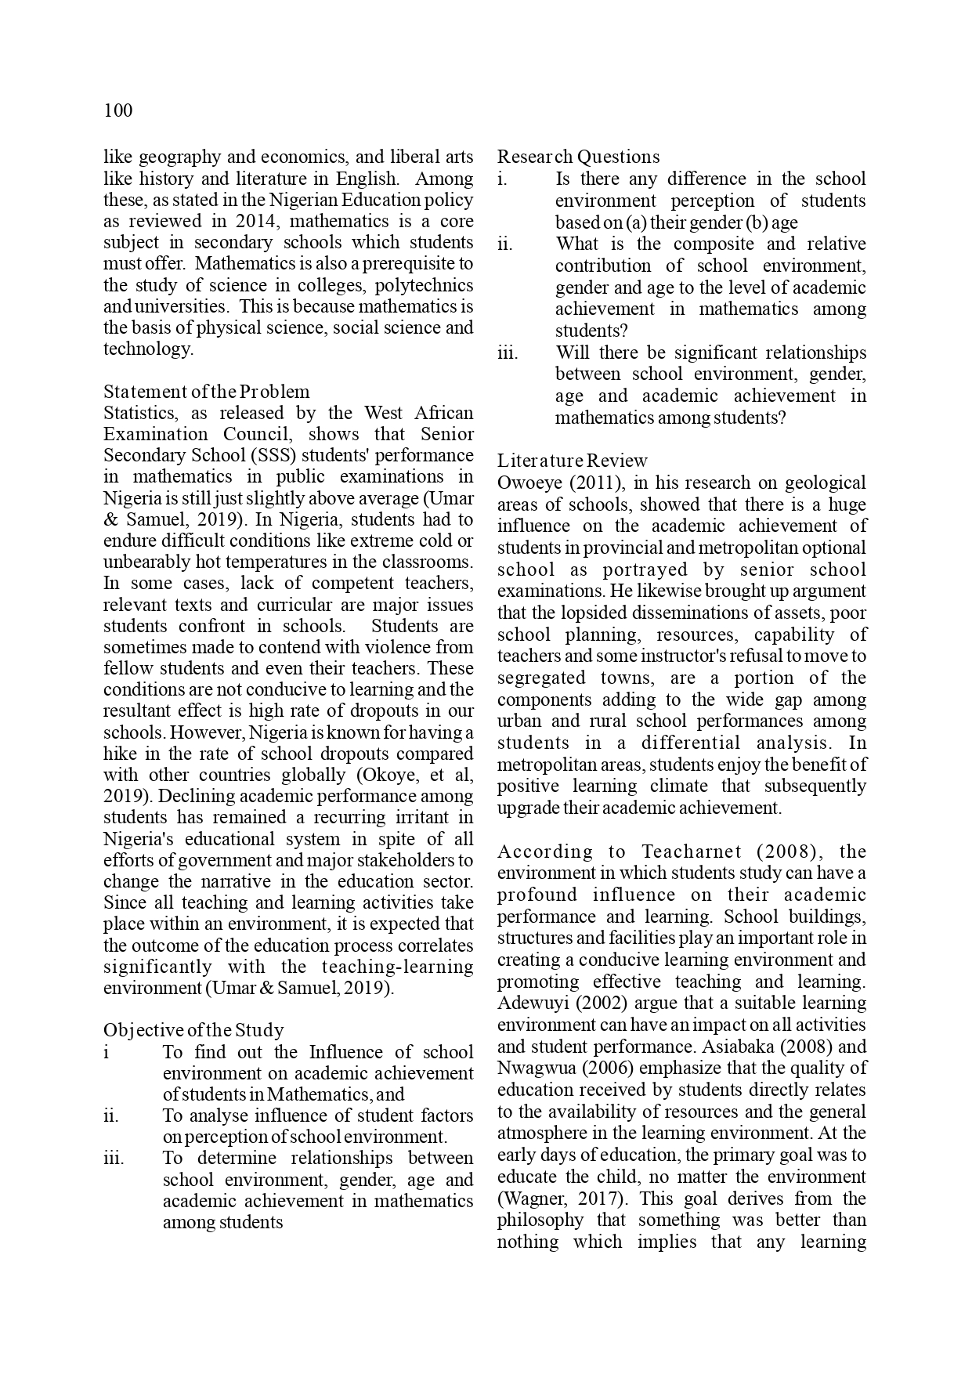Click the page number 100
click(118, 110)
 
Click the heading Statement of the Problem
click(207, 392)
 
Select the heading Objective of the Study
click(193, 1030)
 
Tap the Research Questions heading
click(578, 157)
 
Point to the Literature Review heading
click(573, 461)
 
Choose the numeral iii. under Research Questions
click(508, 353)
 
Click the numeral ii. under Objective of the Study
click(111, 1115)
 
